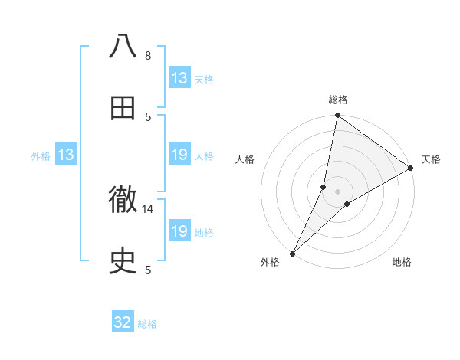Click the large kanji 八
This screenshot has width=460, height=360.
(x=123, y=47)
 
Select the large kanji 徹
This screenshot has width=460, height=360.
(x=123, y=201)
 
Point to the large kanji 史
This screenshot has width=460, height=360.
(x=123, y=262)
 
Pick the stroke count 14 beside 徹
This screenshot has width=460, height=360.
(x=148, y=208)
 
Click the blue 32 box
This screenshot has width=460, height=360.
(x=123, y=323)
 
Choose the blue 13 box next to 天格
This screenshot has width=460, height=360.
(x=179, y=78)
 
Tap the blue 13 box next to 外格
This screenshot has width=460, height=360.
(x=66, y=155)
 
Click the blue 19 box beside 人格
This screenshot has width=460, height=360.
(x=179, y=155)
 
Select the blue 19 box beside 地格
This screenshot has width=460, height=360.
(x=179, y=231)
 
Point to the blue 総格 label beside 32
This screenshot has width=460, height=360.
(x=148, y=324)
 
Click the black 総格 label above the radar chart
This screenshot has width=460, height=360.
(x=338, y=100)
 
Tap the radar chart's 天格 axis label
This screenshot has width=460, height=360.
(x=431, y=159)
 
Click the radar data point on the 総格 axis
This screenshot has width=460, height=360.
(x=338, y=116)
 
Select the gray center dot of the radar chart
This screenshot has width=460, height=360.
(x=338, y=191)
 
